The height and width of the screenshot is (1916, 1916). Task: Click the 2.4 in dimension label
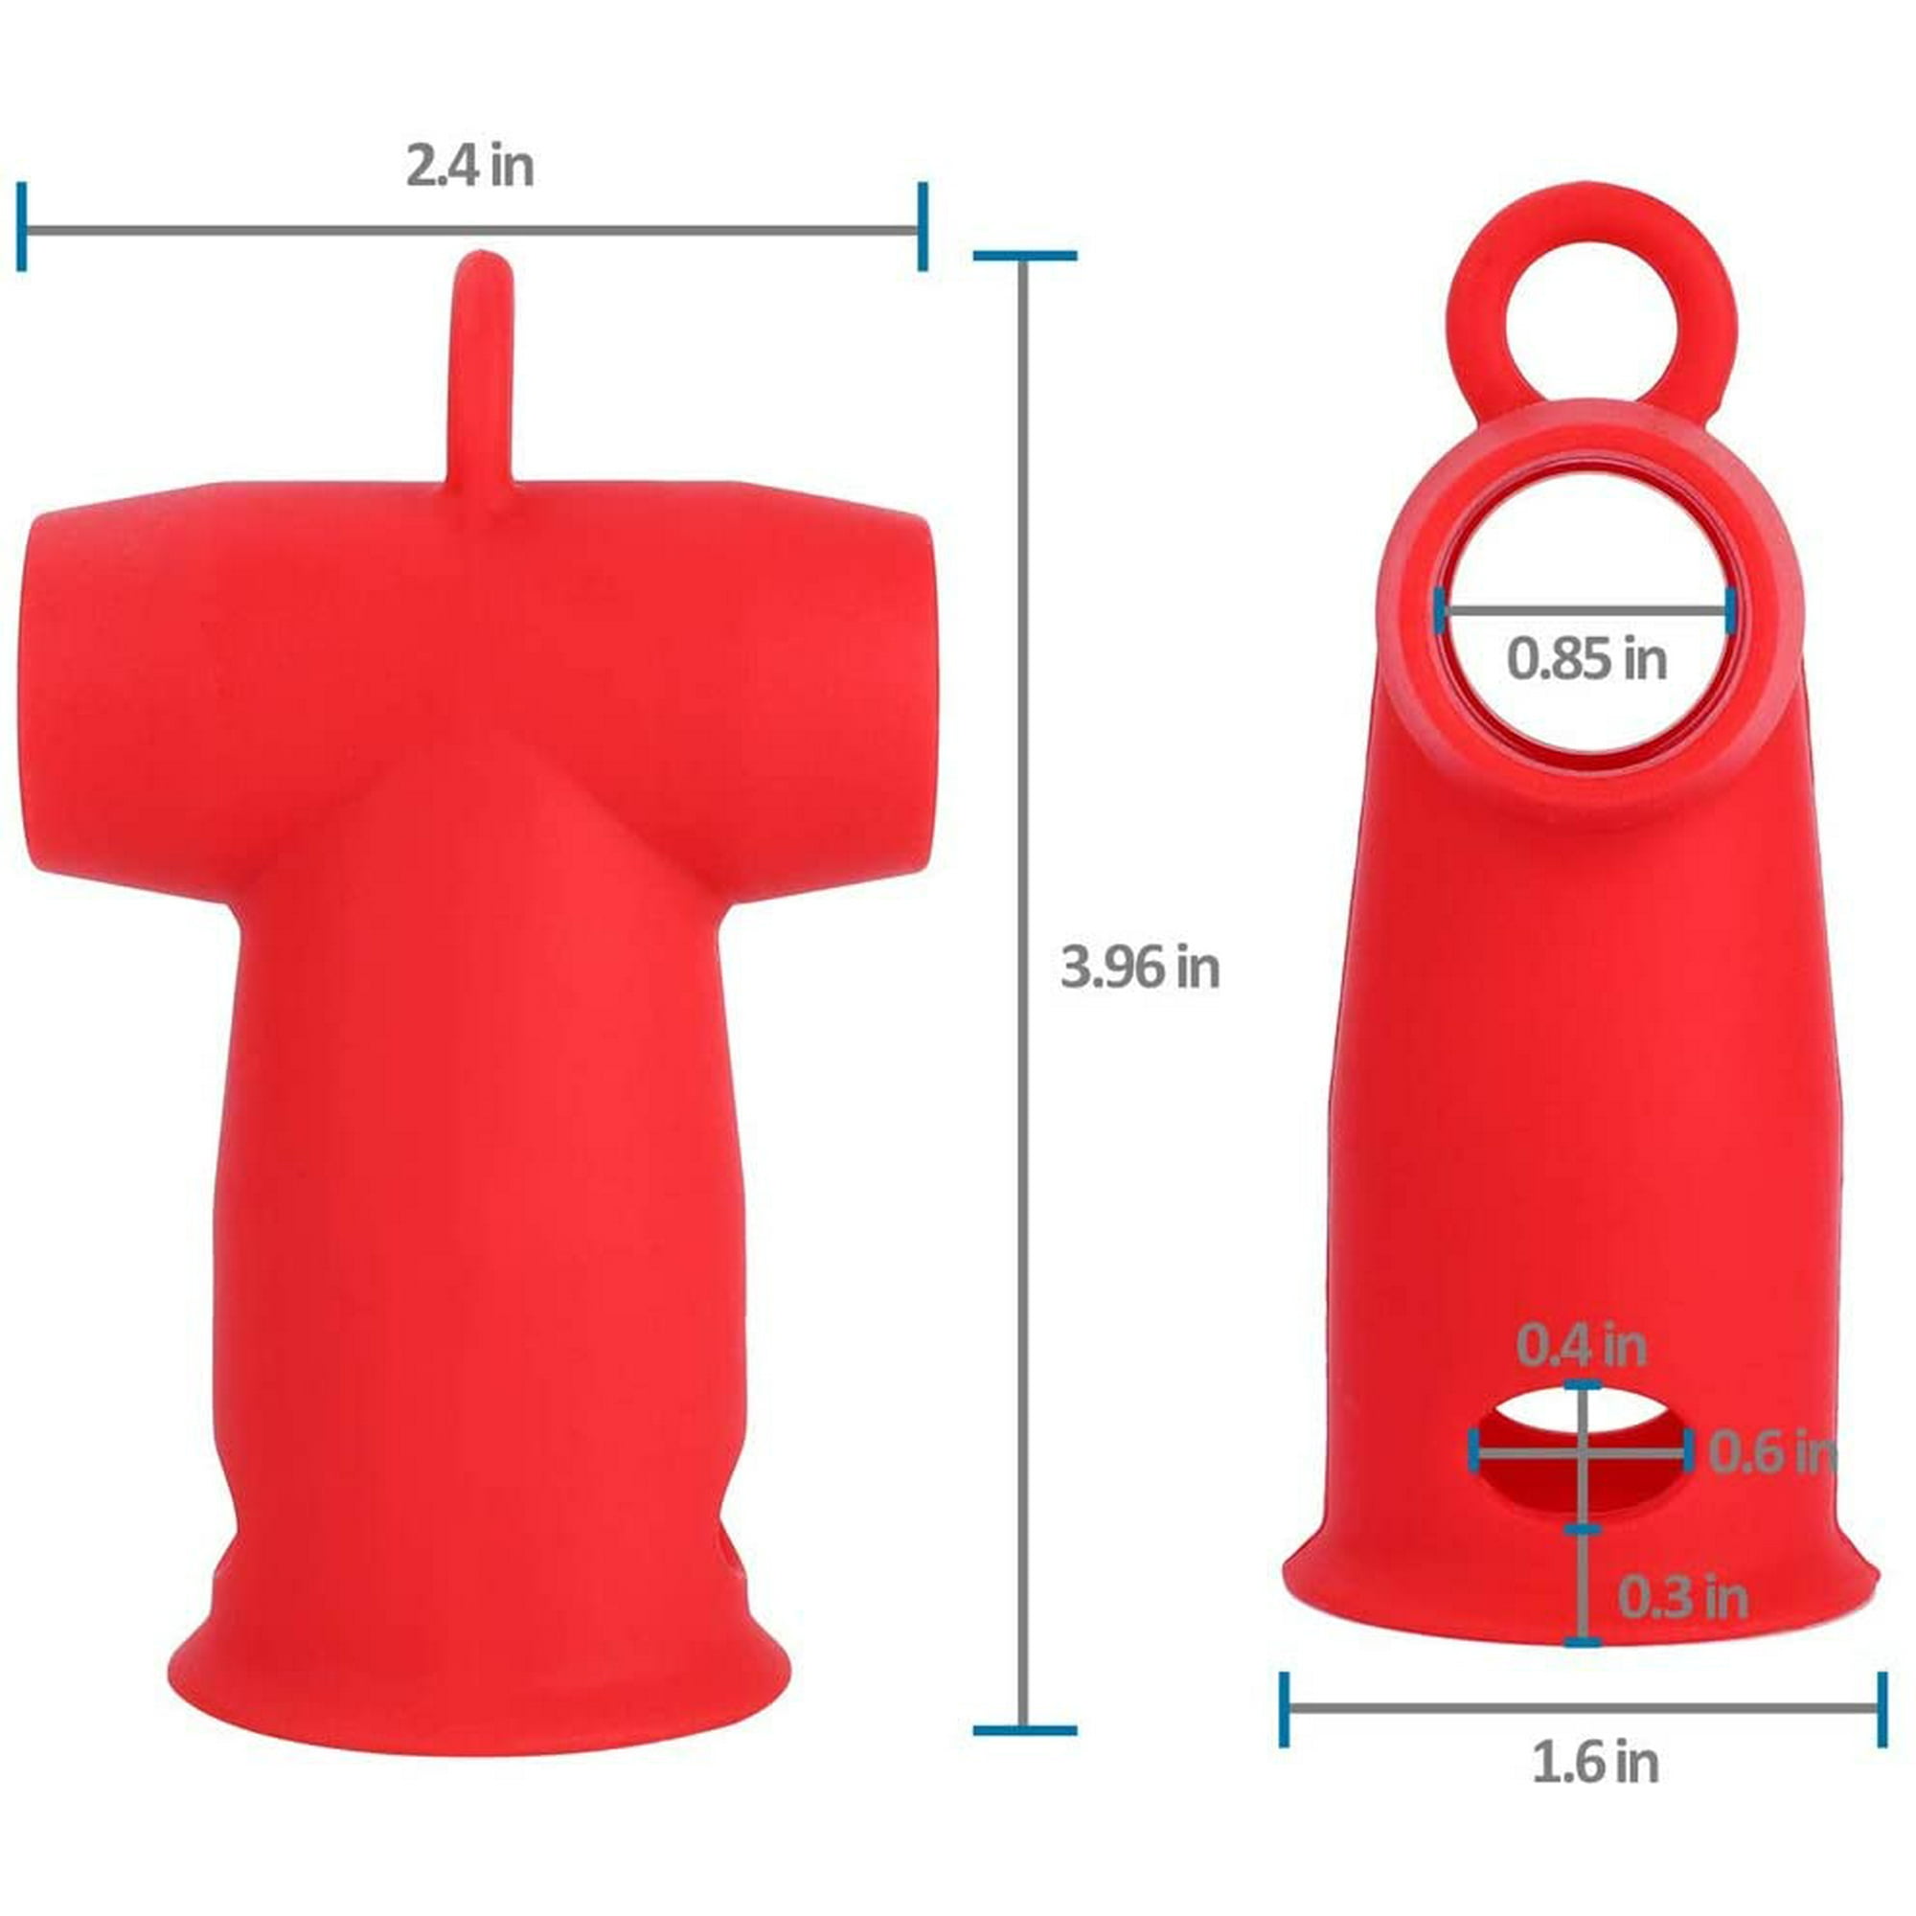click(x=469, y=167)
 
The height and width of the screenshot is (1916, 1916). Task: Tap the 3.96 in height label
click(x=1139, y=967)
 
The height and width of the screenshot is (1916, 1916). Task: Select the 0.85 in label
click(x=1586, y=658)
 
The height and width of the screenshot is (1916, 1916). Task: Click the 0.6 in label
click(x=1770, y=1454)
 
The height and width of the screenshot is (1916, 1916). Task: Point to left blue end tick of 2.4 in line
click(x=22, y=226)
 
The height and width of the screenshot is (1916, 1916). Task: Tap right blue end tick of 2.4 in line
click(x=923, y=226)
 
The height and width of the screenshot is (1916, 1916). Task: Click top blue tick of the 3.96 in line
click(x=1024, y=256)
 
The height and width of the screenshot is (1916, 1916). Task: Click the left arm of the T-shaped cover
click(x=129, y=695)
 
